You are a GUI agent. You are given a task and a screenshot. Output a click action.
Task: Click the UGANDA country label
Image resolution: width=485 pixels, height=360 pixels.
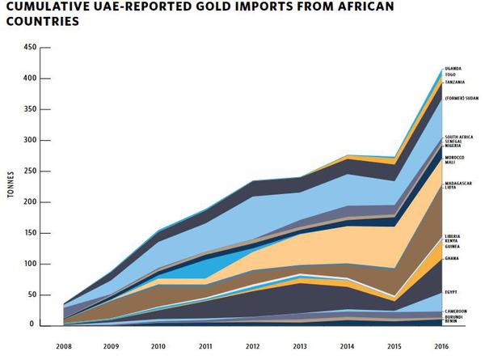point(453,68)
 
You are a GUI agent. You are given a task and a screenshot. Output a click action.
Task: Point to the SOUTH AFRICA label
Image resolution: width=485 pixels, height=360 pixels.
point(459,137)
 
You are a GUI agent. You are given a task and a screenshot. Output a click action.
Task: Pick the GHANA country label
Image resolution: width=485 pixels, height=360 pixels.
point(452,258)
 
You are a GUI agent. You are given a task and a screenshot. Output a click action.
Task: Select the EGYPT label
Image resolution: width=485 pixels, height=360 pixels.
point(451,291)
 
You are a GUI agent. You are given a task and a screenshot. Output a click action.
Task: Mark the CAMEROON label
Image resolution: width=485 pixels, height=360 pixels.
point(456,311)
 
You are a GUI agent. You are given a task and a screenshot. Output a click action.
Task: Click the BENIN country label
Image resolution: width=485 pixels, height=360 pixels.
point(451,322)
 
